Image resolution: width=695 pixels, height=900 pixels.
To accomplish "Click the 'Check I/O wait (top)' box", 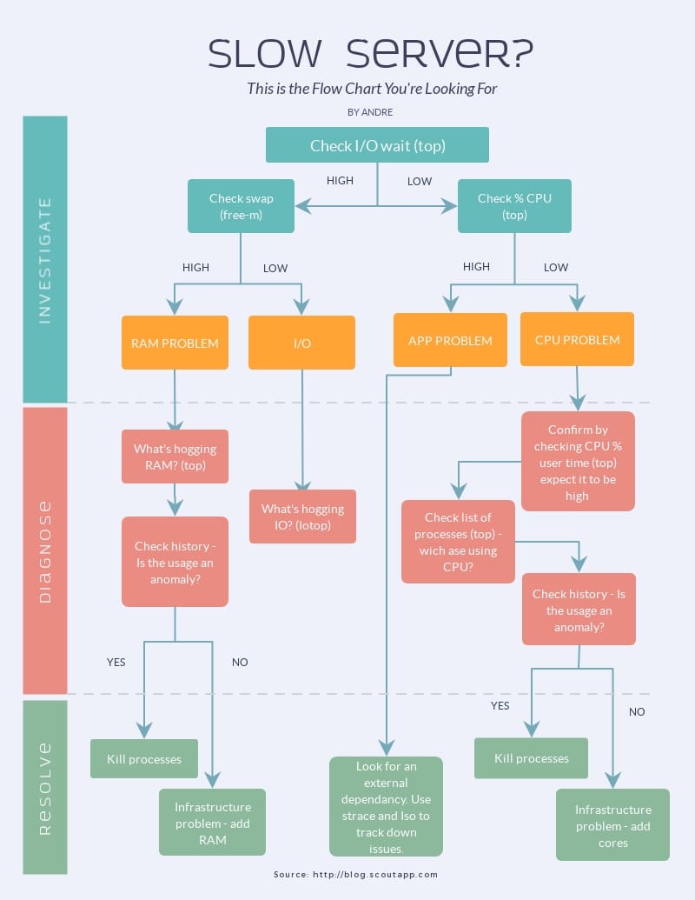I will coord(377,145).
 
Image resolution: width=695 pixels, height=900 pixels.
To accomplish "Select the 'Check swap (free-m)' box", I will coord(241,206).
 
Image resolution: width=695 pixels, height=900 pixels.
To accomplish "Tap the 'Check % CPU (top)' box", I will coord(514,206).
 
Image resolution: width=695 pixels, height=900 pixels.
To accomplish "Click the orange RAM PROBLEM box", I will coord(175,343).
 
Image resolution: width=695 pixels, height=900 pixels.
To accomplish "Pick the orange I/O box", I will coord(301,343).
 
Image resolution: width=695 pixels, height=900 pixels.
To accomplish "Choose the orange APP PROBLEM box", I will coord(450,340).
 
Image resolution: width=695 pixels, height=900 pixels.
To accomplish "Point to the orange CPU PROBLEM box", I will coord(577,339).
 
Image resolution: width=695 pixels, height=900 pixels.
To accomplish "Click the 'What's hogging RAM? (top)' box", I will coord(175,457).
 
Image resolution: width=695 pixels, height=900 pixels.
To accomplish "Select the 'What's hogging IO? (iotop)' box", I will coord(302,517).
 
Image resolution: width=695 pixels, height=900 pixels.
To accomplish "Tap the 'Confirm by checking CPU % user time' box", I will coord(578,462).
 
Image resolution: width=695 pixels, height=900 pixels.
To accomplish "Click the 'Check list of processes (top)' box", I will coord(458,542).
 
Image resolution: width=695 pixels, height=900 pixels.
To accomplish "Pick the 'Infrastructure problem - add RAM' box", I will coord(212,823).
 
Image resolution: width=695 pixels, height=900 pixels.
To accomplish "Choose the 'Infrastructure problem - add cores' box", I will coord(612,825).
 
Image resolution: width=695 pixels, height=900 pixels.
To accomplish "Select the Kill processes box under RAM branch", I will coord(144,758).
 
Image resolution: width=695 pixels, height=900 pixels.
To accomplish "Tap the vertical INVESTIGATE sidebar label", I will coord(45,260).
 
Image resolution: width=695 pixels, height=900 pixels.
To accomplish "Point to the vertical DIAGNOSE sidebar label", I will coord(45,550).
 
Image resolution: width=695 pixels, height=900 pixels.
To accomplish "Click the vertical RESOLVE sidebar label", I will coord(45,788).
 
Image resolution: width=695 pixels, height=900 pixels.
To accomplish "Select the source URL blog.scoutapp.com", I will coord(375,875).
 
